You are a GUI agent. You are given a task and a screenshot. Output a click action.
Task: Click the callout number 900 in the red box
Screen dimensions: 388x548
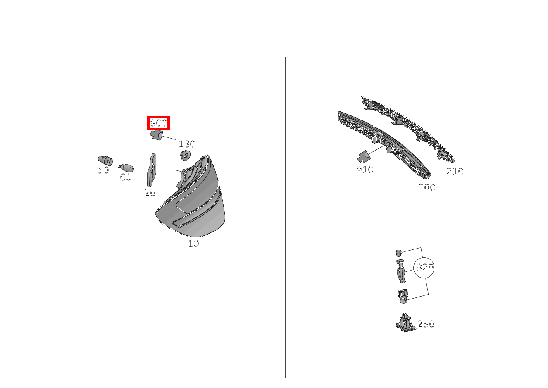point(159,123)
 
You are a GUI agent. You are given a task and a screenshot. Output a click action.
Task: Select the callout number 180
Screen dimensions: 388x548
point(186,144)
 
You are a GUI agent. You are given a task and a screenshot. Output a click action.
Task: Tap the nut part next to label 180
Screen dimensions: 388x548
point(186,156)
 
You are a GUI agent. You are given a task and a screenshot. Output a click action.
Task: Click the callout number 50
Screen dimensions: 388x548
point(103,170)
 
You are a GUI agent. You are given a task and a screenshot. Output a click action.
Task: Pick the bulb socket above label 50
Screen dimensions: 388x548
point(105,160)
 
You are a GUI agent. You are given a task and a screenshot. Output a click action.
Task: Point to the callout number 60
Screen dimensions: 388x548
point(125,177)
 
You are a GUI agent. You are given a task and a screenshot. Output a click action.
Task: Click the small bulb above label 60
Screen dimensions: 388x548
point(126,168)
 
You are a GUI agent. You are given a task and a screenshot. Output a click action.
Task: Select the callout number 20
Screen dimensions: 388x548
point(150,192)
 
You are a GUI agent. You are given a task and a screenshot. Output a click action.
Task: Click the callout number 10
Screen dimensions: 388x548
point(193,244)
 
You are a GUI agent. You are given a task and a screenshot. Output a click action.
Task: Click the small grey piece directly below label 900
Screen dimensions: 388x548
point(156,135)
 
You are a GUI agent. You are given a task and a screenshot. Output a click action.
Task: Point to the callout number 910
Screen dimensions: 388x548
point(365,170)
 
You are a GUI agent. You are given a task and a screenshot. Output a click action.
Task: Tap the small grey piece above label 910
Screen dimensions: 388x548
point(363,157)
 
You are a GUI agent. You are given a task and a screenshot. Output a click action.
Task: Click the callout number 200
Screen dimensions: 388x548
point(427,187)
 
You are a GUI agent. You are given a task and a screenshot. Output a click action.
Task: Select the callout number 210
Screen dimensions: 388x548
point(455,171)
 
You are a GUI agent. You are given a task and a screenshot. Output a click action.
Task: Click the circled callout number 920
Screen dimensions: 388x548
point(424,267)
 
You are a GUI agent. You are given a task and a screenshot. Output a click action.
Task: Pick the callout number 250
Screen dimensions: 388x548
point(426,324)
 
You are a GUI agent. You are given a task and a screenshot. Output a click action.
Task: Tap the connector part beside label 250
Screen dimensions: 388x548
point(405,322)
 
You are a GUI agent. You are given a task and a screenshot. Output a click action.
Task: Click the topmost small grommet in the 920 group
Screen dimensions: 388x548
point(398,252)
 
